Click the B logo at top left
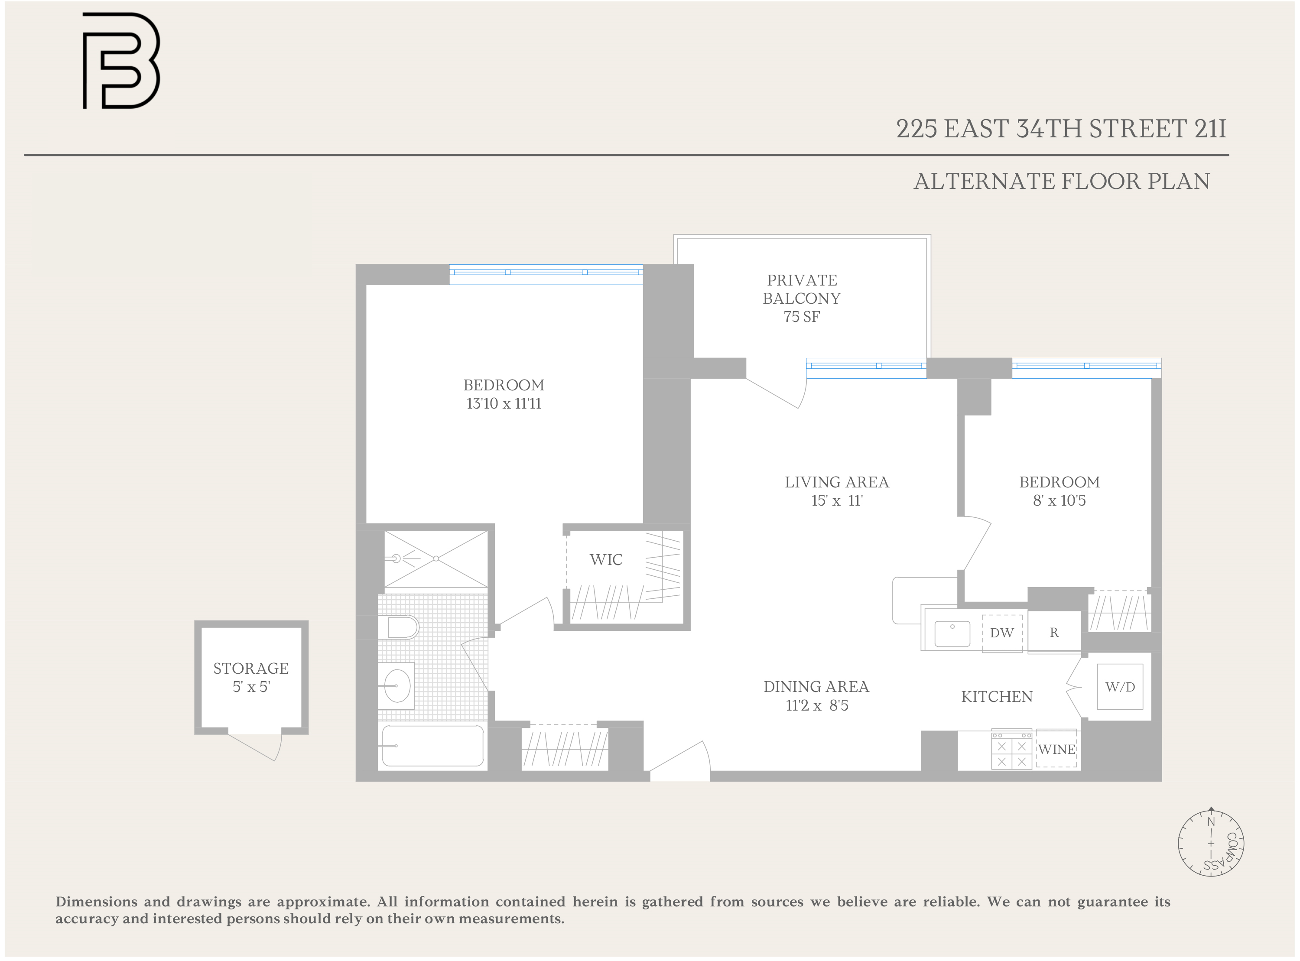pyautogui.click(x=120, y=61)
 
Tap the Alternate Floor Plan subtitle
pyautogui.click(x=1062, y=182)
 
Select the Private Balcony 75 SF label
pyautogui.click(x=802, y=299)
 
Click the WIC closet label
pyautogui.click(x=606, y=560)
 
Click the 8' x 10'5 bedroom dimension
pyautogui.click(x=1059, y=501)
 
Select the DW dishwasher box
pyautogui.click(x=1001, y=633)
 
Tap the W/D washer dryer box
pyautogui.click(x=1120, y=687)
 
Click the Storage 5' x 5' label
pyautogui.click(x=251, y=678)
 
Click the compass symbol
pyautogui.click(x=1211, y=843)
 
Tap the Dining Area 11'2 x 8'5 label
pyautogui.click(x=816, y=696)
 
